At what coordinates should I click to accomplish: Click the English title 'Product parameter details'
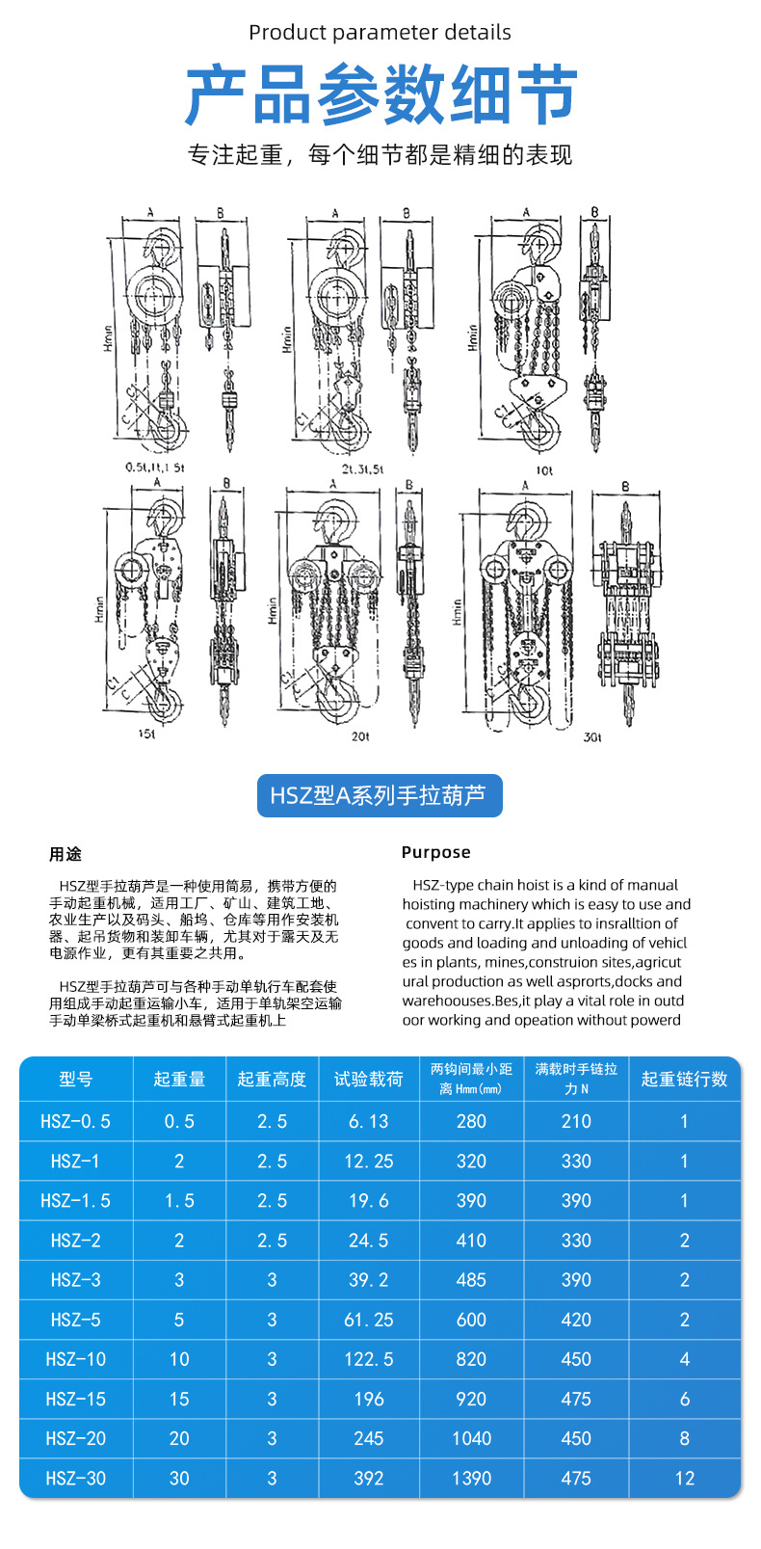pos(380,32)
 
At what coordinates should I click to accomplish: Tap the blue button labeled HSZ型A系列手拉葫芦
pos(380,796)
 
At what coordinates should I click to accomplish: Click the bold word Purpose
pos(435,852)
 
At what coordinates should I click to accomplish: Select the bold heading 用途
pos(66,854)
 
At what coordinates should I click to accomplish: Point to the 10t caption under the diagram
pos(544,470)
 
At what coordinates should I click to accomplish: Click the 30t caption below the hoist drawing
pos(592,737)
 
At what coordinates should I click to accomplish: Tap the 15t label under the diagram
pos(146,734)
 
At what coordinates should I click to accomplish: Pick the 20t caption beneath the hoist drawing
pos(360,736)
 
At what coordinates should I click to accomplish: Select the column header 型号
pos(76,1080)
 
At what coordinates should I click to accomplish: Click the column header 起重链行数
pos(684,1080)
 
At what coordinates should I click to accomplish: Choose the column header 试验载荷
pos(368,1080)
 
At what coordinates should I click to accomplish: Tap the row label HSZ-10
pos(76,1359)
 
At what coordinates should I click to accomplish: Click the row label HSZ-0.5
pos(76,1121)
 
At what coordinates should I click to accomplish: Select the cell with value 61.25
pos(368,1320)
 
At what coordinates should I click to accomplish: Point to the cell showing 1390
pos(471,1478)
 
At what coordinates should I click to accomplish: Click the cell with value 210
pos(576,1121)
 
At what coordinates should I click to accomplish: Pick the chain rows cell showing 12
pos(684,1478)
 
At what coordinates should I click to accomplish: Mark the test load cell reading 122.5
pos(368,1359)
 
